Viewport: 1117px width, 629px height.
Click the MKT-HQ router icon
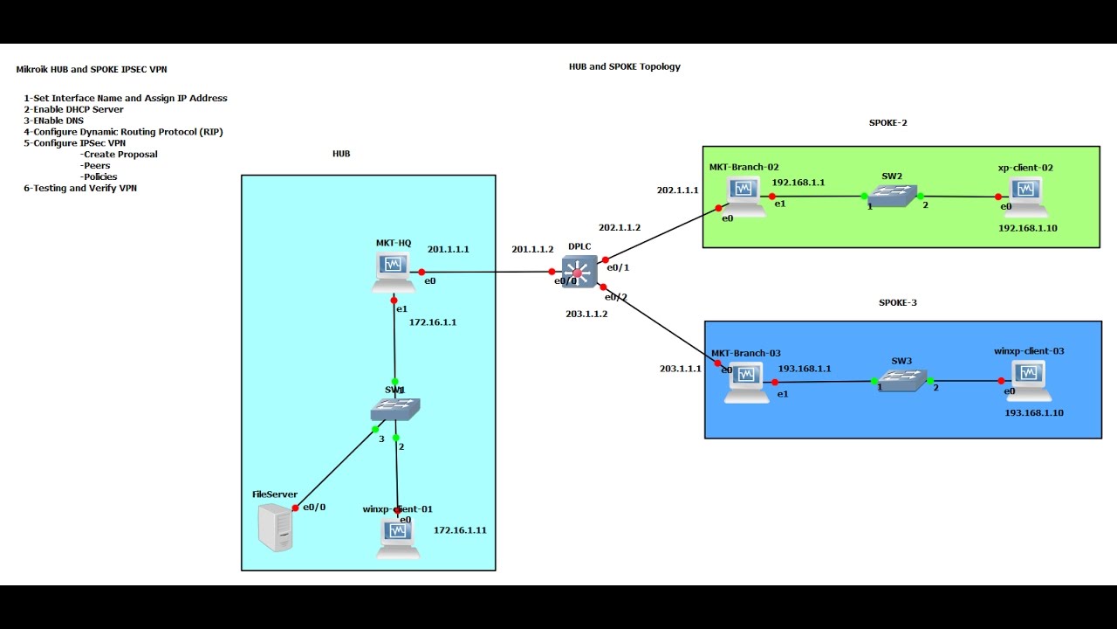[394, 271]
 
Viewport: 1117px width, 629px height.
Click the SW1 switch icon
[395, 408]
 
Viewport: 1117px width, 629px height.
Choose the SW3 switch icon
[901, 380]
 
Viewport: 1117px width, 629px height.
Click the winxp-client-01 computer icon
[399, 537]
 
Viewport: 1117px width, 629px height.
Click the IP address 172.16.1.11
[460, 530]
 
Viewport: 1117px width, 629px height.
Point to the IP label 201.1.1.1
[448, 249]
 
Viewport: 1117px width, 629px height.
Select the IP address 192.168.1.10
[1028, 228]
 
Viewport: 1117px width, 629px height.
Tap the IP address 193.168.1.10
[1034, 412]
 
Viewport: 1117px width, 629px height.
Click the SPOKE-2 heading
[887, 123]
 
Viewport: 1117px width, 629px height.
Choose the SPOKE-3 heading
[897, 302]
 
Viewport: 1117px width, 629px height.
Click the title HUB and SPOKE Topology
[624, 66]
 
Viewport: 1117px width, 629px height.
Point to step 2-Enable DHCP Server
[73, 109]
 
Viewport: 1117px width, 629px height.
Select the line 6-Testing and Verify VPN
[80, 188]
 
